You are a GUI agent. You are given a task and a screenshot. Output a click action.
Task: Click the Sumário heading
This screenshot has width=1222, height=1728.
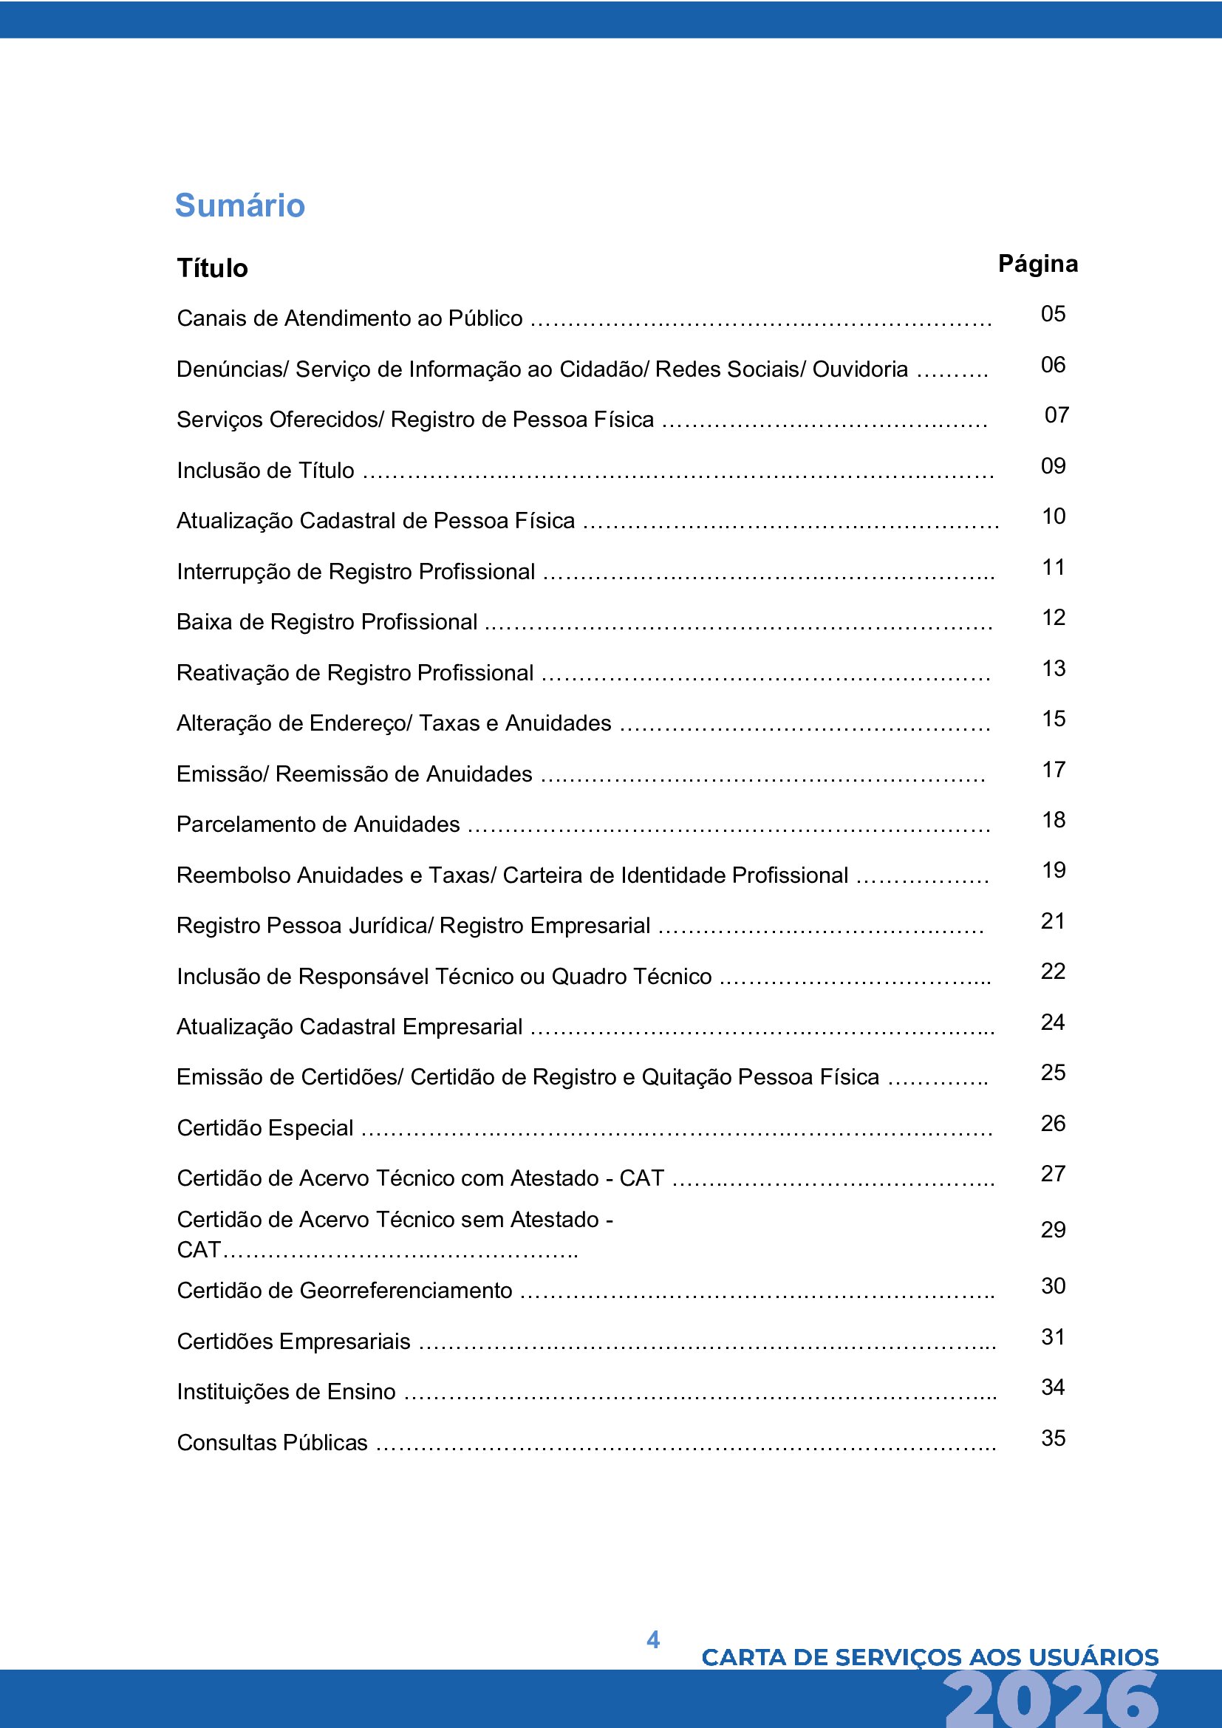pos(239,205)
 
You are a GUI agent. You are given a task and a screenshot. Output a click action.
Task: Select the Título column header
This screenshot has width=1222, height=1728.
pos(212,268)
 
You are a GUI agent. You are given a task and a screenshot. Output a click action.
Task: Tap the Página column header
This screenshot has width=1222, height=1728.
pos(1037,264)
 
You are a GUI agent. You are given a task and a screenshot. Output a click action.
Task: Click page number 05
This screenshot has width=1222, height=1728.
pos(1053,314)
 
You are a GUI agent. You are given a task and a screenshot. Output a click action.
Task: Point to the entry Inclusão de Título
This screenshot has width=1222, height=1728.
pos(266,471)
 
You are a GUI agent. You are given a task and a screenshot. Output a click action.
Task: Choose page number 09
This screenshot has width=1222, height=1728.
pos(1053,466)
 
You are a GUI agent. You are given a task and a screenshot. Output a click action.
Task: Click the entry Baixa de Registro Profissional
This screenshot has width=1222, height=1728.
pos(327,621)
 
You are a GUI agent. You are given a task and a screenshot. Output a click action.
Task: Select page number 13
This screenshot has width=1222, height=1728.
pos(1054,669)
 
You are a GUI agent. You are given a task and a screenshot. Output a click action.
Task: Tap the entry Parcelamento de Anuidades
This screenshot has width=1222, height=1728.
pos(318,824)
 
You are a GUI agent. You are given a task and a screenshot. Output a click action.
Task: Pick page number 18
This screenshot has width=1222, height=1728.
pos(1054,819)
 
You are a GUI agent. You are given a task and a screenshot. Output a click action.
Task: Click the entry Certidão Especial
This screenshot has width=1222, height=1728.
pos(265,1127)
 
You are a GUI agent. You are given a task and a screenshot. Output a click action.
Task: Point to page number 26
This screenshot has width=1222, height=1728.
pos(1053,1123)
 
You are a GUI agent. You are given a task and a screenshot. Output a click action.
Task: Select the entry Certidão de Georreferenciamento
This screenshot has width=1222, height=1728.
pos(344,1290)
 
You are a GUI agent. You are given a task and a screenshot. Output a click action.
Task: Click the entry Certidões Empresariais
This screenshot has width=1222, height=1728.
pos(293,1341)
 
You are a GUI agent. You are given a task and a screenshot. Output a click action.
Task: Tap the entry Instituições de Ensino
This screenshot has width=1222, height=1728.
pos(286,1392)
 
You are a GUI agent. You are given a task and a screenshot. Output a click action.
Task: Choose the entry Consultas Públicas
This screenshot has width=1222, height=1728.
pos(273,1442)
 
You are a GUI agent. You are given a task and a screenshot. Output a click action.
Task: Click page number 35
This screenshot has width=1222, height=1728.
pos(1053,1438)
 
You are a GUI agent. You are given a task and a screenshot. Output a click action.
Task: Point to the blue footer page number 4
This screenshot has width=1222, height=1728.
pos(652,1639)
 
